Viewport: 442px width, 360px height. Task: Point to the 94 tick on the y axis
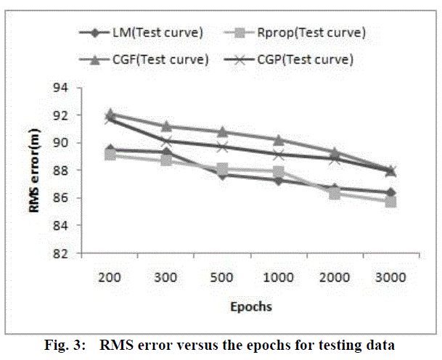64,88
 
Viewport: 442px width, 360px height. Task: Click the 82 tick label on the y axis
64,253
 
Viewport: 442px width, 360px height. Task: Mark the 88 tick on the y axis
64,171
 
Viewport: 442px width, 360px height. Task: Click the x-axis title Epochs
250,306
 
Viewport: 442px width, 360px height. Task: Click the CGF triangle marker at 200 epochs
110,113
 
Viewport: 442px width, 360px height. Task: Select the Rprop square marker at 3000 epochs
390,201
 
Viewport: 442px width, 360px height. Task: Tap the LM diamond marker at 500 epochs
222,175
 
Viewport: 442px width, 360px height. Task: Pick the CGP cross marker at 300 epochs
166,141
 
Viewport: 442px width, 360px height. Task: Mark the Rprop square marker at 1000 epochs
278,172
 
